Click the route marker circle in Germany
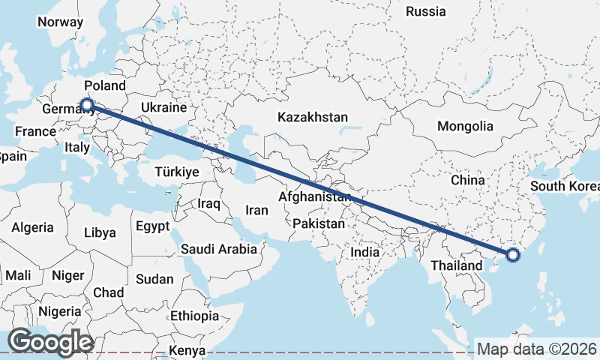[x=87, y=106]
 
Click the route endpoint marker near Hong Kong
[x=513, y=255]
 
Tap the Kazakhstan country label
[x=313, y=118]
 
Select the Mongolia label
[x=465, y=126]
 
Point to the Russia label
[x=425, y=11]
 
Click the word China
[x=469, y=180]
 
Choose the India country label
[x=365, y=253]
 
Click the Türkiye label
[x=176, y=172]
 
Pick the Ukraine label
[x=163, y=108]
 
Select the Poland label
[x=104, y=85]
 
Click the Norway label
[x=60, y=22]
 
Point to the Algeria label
[x=32, y=227]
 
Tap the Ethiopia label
[x=194, y=316]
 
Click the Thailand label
[x=457, y=265]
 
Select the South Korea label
[x=565, y=186]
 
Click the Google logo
[x=50, y=341]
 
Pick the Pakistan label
[x=319, y=223]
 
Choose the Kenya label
[x=187, y=350]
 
